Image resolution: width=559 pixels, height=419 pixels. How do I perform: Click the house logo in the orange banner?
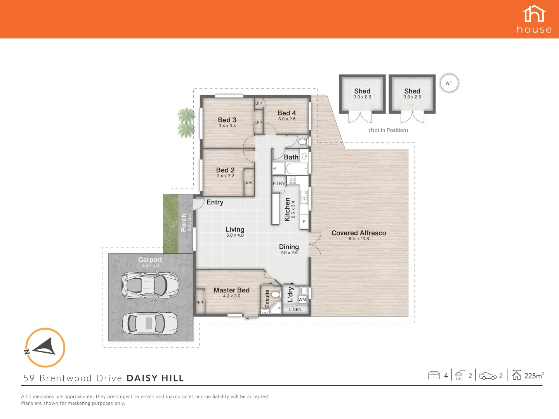click(534, 19)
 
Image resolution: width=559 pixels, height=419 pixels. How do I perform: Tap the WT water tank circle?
click(449, 83)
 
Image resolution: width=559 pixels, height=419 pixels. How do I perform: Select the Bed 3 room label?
click(227, 120)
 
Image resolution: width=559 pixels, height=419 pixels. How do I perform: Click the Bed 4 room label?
click(286, 113)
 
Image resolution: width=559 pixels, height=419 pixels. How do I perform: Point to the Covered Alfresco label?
click(359, 233)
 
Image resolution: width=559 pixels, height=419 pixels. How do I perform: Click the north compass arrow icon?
click(45, 347)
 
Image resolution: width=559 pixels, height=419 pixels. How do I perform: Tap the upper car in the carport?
click(150, 285)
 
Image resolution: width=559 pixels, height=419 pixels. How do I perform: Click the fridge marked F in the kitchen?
click(304, 222)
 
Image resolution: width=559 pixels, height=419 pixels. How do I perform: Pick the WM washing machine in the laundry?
click(302, 300)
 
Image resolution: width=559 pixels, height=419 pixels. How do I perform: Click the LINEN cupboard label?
click(295, 310)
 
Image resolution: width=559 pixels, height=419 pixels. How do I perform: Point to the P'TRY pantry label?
click(278, 184)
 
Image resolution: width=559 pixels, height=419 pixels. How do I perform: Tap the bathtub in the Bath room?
click(297, 169)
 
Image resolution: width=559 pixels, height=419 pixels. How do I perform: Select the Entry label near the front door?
click(215, 202)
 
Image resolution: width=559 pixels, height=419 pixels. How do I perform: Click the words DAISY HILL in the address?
click(155, 378)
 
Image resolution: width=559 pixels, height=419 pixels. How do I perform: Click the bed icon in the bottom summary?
click(434, 375)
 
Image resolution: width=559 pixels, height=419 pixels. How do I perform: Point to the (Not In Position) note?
click(388, 130)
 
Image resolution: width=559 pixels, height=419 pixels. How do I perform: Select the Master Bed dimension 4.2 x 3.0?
click(232, 296)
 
